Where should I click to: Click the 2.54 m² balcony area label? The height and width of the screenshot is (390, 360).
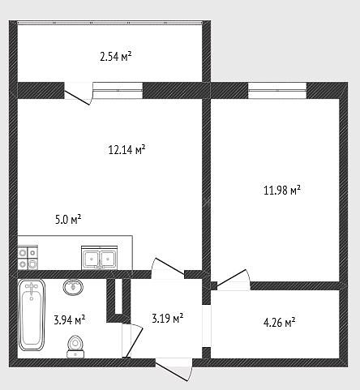tap(116, 57)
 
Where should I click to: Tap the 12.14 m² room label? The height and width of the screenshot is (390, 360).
tap(126, 149)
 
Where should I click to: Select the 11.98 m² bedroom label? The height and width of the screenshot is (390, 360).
tap(282, 190)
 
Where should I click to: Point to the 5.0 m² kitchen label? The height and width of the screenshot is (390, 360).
tap(68, 219)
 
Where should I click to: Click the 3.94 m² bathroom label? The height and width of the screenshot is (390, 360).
tap(70, 319)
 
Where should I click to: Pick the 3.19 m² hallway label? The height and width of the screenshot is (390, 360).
tap(168, 318)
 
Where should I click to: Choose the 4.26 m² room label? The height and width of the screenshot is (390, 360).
tap(279, 322)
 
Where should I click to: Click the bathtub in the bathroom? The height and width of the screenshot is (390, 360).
tap(32, 315)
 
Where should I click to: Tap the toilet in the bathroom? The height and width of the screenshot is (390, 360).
tap(75, 347)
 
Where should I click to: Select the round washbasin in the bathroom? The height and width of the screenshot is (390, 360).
tap(73, 287)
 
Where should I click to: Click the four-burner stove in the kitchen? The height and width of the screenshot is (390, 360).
tap(28, 258)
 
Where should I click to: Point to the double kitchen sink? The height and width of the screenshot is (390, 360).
tap(100, 258)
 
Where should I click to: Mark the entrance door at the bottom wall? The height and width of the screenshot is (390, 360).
tap(174, 369)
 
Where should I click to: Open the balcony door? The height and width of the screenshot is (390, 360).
tap(79, 93)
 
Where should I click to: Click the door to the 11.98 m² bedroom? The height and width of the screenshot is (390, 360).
tap(234, 280)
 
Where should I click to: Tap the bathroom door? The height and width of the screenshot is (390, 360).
tap(132, 341)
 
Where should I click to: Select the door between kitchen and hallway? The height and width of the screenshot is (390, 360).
tap(168, 268)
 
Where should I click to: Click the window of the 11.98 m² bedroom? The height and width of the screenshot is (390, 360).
tap(277, 91)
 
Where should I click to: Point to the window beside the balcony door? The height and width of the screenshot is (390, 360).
tap(118, 90)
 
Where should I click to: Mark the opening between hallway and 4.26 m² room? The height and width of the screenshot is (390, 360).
tap(207, 326)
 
